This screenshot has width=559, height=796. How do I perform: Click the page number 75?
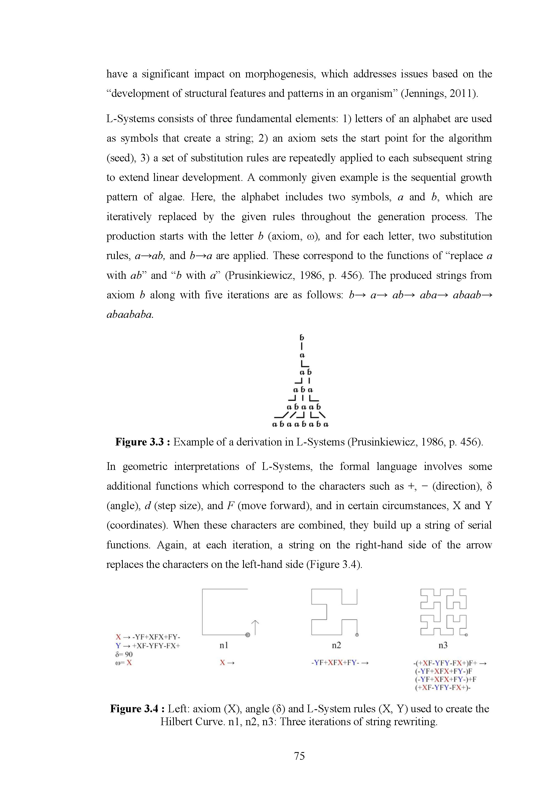coord(299,756)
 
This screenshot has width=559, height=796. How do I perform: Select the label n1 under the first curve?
coord(224,645)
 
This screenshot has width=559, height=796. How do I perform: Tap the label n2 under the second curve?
coord(336,645)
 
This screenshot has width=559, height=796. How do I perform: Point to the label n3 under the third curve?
coord(443,645)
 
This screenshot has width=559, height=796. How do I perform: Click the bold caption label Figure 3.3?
coord(140,442)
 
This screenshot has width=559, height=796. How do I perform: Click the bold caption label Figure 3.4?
coord(134,709)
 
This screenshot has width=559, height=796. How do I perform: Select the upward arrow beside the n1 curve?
coord(255,627)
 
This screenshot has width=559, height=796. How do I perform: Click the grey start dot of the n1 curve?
coord(247,635)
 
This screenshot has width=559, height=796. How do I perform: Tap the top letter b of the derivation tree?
coord(302,337)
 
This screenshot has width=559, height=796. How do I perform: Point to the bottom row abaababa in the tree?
coord(301,424)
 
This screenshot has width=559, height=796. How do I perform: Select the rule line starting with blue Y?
coord(148,646)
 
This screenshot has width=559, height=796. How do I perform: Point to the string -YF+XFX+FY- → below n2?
coord(339,663)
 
